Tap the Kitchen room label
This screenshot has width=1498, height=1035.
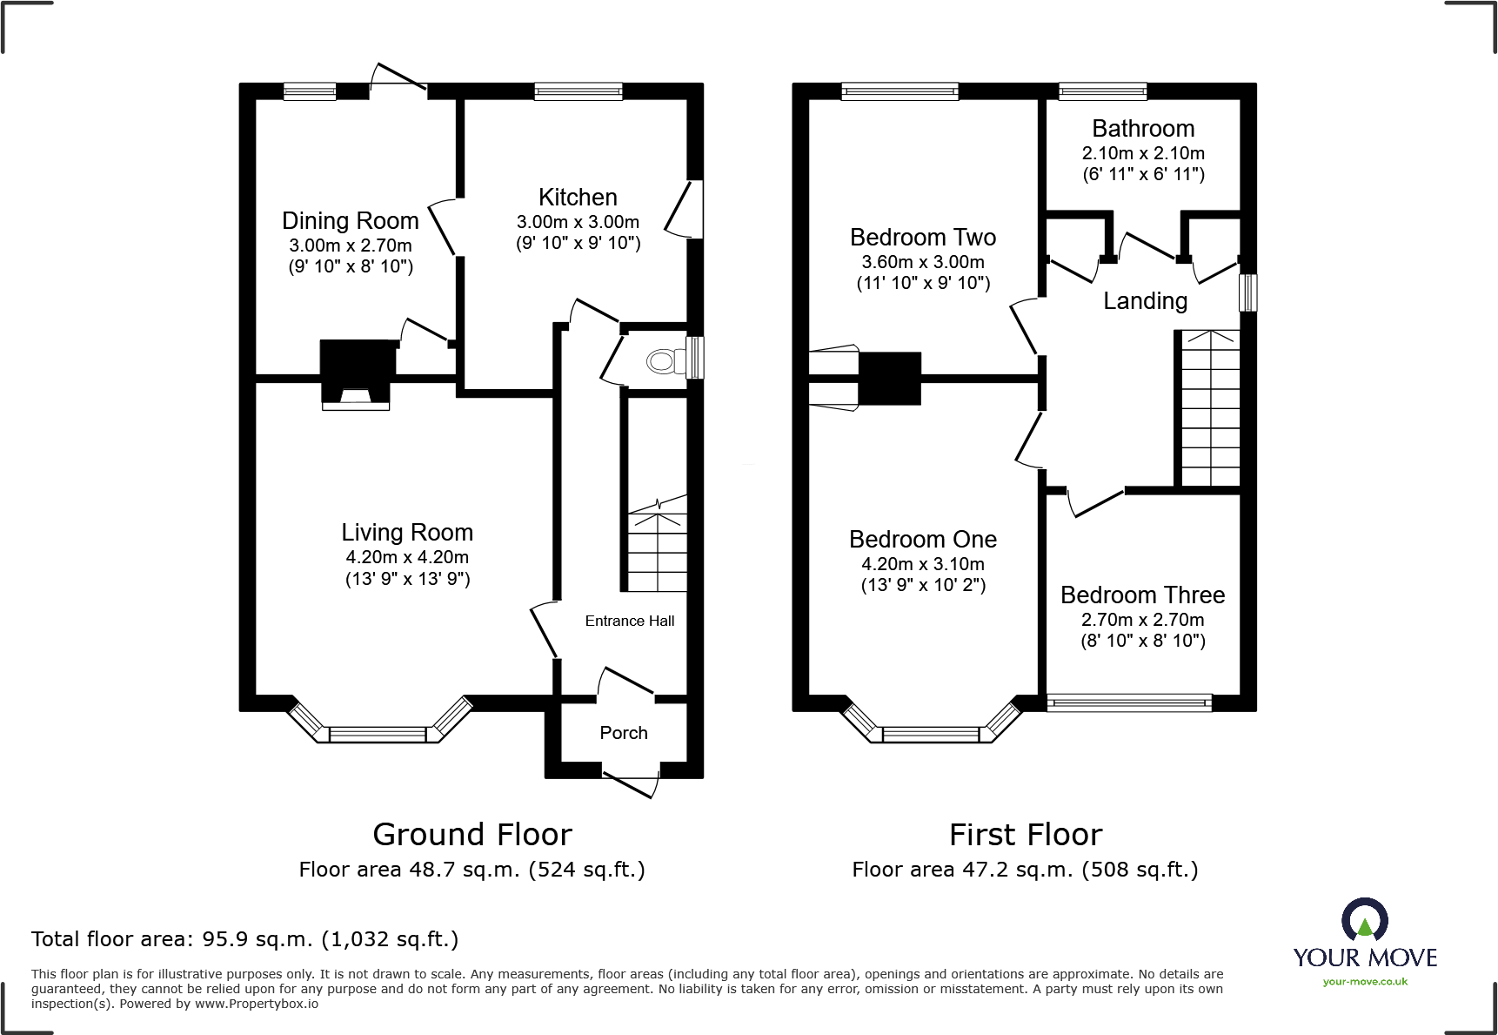click(x=578, y=198)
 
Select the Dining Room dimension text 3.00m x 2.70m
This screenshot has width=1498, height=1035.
click(x=351, y=245)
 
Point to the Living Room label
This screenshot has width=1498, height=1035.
click(x=407, y=533)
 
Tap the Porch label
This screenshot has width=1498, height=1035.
click(x=624, y=733)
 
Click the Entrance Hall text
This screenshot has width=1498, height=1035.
click(x=629, y=621)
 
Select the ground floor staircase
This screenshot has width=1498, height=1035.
click(x=658, y=544)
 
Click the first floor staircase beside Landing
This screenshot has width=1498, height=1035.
click(x=1209, y=409)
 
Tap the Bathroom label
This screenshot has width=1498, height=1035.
click(x=1143, y=129)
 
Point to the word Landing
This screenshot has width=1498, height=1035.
click(x=1145, y=301)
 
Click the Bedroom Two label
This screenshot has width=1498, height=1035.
click(x=923, y=238)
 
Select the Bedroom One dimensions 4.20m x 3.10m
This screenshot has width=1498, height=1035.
click(x=923, y=564)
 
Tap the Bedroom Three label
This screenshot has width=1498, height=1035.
click(x=1142, y=595)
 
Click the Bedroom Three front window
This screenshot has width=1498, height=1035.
click(x=1129, y=702)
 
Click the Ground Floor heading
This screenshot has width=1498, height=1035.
click(x=472, y=835)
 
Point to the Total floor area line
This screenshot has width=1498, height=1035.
click(x=244, y=939)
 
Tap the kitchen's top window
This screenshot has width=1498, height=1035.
click(x=578, y=91)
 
